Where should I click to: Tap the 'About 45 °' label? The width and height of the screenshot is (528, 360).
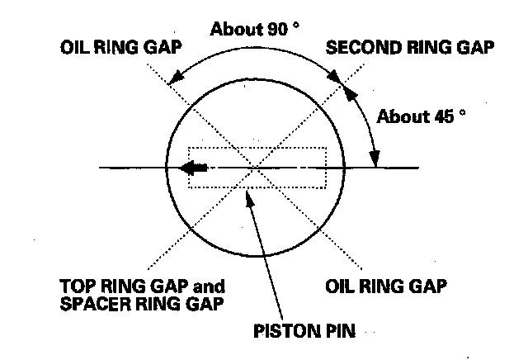(x=421, y=116)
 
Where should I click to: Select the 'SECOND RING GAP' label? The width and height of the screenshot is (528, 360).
(x=410, y=47)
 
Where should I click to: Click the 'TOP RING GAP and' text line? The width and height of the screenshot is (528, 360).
(x=142, y=287)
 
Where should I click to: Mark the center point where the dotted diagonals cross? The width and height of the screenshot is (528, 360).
(x=258, y=168)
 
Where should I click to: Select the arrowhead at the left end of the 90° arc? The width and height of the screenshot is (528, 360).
(x=174, y=79)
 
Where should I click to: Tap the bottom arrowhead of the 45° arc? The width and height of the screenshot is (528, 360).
(x=375, y=159)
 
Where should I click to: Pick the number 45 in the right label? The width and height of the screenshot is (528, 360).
(x=443, y=116)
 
